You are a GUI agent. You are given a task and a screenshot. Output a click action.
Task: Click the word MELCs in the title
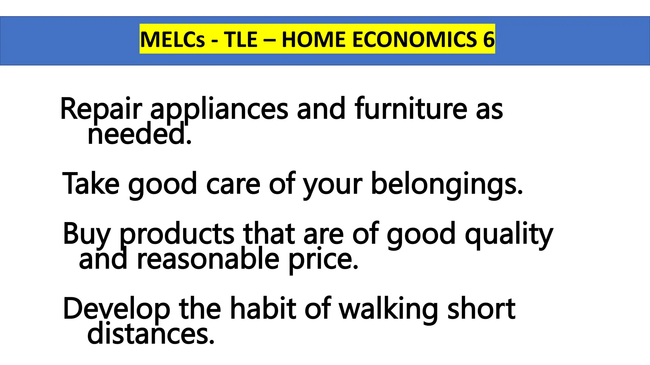tap(172, 40)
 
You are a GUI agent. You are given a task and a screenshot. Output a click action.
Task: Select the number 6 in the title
tap(489, 40)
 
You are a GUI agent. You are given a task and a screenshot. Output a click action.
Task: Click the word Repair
tap(101, 109)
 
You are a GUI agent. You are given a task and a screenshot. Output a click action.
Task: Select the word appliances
tap(219, 109)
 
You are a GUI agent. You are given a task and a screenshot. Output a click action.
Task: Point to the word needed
tap(139, 134)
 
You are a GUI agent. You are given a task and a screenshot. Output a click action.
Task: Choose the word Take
tap(91, 184)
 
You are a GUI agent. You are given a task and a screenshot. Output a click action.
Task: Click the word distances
tap(150, 334)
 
